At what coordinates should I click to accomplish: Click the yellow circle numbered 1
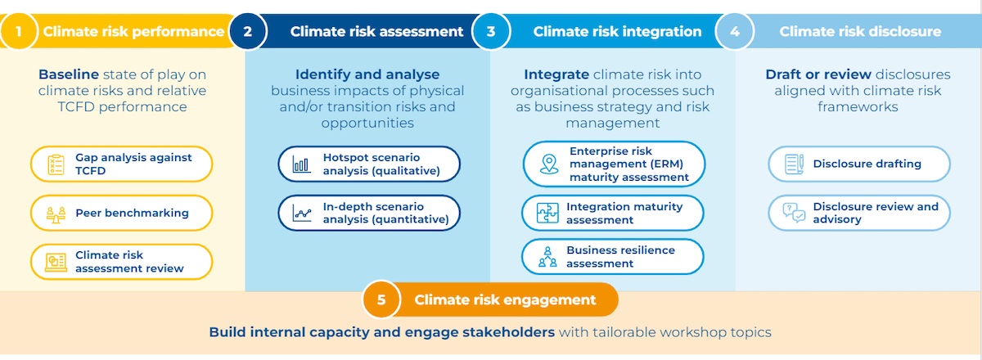(19, 31)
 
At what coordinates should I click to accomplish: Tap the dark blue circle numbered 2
(248, 31)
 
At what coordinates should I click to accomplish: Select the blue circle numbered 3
(491, 31)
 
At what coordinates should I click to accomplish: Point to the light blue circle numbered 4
(735, 31)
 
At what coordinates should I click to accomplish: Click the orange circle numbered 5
(381, 299)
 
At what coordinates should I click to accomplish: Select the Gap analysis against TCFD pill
(121, 164)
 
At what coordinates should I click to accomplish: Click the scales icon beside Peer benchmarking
(56, 214)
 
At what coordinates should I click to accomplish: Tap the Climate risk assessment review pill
(121, 262)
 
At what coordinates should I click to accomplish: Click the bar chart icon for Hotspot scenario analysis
(302, 164)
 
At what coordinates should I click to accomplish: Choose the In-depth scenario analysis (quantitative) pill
(369, 213)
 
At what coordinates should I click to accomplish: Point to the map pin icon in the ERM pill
(549, 164)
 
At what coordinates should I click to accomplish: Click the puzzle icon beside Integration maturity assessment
(547, 213)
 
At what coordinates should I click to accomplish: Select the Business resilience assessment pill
(612, 257)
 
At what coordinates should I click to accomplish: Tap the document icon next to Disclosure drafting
(794, 164)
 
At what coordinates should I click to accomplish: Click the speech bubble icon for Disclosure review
(794, 213)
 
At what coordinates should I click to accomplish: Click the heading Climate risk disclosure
(860, 31)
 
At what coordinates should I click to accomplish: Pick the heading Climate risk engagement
(505, 299)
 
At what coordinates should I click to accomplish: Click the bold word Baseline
(69, 74)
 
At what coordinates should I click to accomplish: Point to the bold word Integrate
(556, 74)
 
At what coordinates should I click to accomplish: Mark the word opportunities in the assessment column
(367, 124)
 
